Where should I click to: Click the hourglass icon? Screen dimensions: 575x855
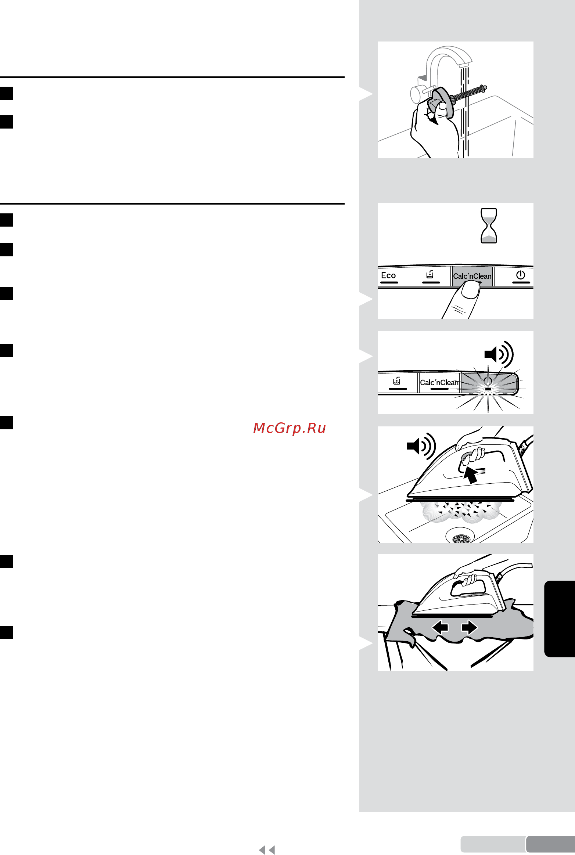(x=489, y=226)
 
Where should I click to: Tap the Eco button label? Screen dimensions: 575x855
(x=388, y=275)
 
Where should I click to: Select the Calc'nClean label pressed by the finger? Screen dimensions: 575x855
(x=472, y=276)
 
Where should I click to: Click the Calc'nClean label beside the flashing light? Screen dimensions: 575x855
(x=439, y=382)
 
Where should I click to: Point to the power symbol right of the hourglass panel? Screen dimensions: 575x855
(x=521, y=275)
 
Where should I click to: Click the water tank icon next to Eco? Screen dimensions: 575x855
(x=430, y=275)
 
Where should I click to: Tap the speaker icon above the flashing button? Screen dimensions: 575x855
(x=499, y=354)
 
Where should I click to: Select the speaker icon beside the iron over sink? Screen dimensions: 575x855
(x=421, y=446)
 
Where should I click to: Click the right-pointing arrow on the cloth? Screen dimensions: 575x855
(x=469, y=627)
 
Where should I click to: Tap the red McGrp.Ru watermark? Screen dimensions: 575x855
(x=290, y=428)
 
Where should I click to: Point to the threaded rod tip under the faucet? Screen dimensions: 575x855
(x=486, y=87)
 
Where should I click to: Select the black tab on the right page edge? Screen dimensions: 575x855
(x=560, y=618)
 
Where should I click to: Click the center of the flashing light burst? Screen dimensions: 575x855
(x=488, y=389)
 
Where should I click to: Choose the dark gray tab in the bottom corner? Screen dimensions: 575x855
(x=550, y=844)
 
